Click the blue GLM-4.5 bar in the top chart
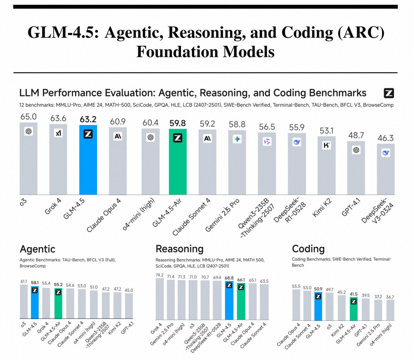click(88, 162)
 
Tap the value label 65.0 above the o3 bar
click(28, 117)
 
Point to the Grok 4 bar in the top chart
click(58, 162)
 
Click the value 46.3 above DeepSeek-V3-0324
click(385, 138)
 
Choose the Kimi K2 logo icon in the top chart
click(326, 145)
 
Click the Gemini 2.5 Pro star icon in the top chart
click(237, 139)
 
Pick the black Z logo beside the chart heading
click(389, 93)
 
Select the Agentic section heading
click(37, 249)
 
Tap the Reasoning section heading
click(179, 249)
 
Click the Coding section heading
click(308, 249)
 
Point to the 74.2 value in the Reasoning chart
click(159, 275)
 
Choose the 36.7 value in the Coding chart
click(390, 297)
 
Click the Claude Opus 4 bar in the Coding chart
click(296, 305)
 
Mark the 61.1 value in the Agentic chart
click(23, 281)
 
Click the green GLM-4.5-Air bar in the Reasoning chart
click(241, 302)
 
